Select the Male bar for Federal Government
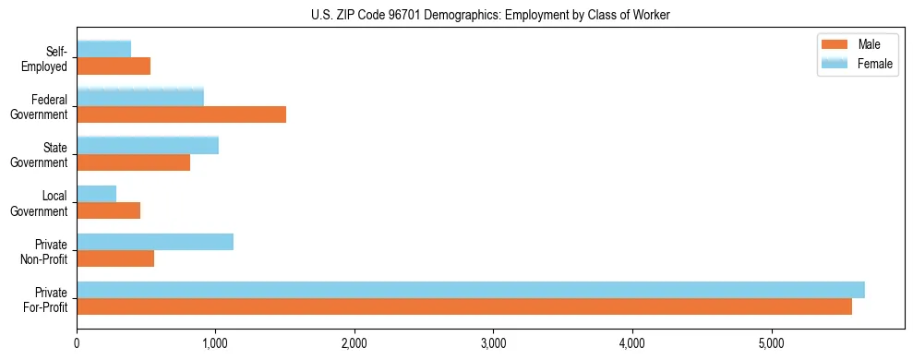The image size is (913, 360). pyautogui.click(x=181, y=114)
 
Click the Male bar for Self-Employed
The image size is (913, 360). pyautogui.click(x=114, y=66)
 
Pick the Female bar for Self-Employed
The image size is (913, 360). pyautogui.click(x=103, y=49)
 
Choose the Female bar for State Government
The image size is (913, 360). pyautogui.click(x=148, y=145)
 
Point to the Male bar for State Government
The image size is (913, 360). pyautogui.click(x=133, y=162)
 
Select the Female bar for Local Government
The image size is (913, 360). pyautogui.click(x=96, y=193)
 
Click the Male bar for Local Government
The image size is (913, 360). pyautogui.click(x=108, y=210)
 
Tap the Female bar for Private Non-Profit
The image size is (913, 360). pyautogui.click(x=155, y=242)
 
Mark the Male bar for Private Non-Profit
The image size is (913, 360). pyautogui.click(x=115, y=258)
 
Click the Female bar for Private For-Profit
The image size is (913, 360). pyautogui.click(x=471, y=290)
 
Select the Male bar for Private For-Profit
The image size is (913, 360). pyautogui.click(x=464, y=306)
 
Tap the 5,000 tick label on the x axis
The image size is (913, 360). pyautogui.click(x=771, y=343)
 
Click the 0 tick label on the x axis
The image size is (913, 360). pyautogui.click(x=77, y=343)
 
